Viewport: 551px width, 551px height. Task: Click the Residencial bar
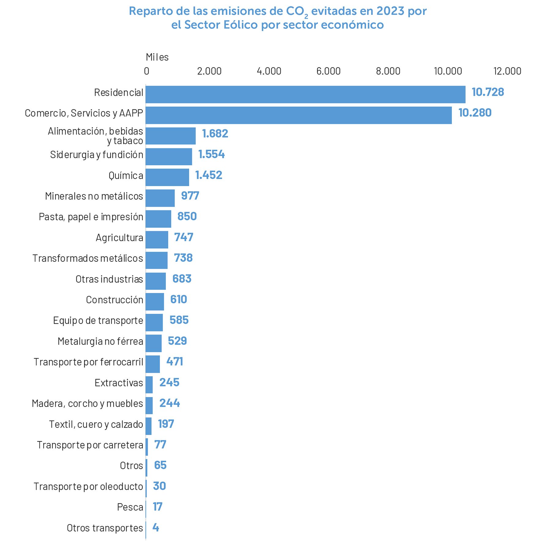click(x=305, y=94)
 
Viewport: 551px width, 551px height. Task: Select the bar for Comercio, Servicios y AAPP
click(x=298, y=115)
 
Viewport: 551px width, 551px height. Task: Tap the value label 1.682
click(x=215, y=134)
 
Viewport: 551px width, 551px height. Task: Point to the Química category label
click(x=126, y=176)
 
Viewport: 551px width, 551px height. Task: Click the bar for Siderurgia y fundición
click(x=169, y=157)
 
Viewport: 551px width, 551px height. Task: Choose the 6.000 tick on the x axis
click(x=328, y=71)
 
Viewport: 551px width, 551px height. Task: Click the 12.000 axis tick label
click(x=507, y=71)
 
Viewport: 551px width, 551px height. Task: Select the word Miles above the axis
click(x=157, y=57)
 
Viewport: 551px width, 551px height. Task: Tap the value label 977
click(x=190, y=196)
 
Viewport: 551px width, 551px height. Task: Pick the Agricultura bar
click(x=157, y=240)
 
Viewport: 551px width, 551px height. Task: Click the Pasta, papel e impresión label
click(x=91, y=217)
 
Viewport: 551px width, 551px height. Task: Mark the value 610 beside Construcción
click(x=178, y=299)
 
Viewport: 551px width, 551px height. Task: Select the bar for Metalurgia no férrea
click(x=153, y=343)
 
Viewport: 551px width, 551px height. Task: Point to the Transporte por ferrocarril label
click(x=88, y=362)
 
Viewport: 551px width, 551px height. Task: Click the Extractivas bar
click(x=149, y=385)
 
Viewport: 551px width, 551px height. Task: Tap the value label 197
click(x=166, y=424)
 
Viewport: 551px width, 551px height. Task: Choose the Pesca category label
click(x=130, y=507)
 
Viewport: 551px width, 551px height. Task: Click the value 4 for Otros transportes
click(x=156, y=527)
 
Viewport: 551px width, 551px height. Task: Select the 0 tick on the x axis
click(x=147, y=71)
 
